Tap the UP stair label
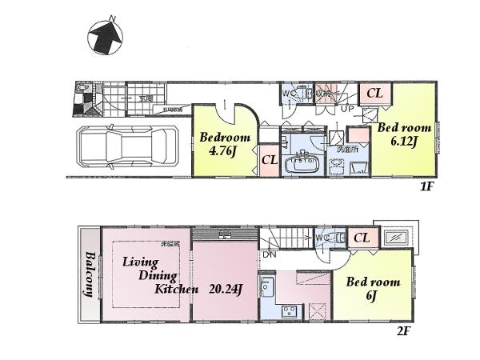click(x=348, y=108)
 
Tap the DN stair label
click(x=270, y=254)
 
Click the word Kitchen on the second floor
click(x=176, y=290)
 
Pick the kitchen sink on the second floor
click(x=267, y=286)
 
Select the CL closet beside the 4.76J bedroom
click(x=270, y=161)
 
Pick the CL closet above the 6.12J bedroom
click(x=374, y=94)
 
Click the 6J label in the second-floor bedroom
click(x=372, y=297)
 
